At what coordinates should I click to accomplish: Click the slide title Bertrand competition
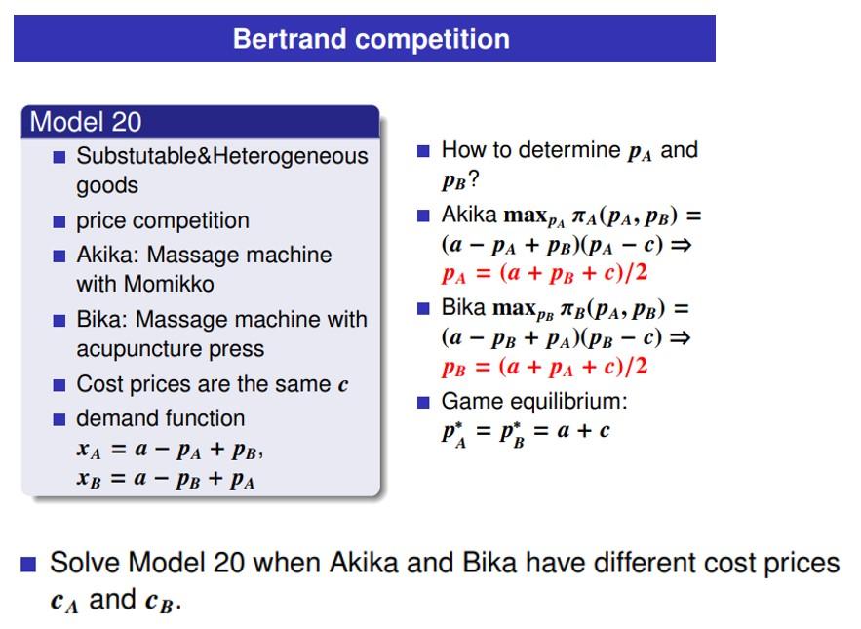click(x=371, y=39)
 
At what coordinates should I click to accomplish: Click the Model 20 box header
click(x=86, y=122)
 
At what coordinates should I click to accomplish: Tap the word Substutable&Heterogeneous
click(x=222, y=156)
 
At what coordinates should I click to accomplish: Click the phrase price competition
click(x=163, y=220)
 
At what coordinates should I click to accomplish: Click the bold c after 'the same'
click(x=343, y=385)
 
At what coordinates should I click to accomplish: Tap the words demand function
click(x=161, y=418)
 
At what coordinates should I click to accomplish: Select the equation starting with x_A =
click(x=170, y=451)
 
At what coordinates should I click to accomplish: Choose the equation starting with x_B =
click(x=166, y=480)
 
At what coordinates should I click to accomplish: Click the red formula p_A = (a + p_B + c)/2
click(x=544, y=273)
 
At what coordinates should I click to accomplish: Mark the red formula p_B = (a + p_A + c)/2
click(x=544, y=367)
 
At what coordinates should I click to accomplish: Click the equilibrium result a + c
click(x=583, y=431)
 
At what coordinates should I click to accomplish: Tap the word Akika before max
click(x=469, y=215)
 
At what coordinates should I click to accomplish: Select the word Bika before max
click(x=463, y=308)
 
